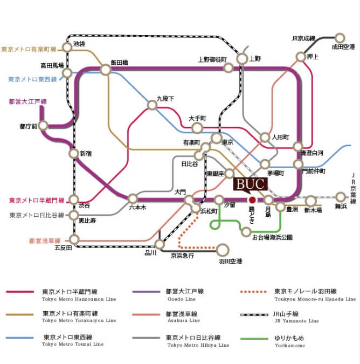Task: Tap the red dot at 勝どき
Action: click(252, 200)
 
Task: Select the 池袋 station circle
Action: click(67, 47)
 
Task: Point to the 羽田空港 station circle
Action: click(223, 249)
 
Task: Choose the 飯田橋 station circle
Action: click(106, 70)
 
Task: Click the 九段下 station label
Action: click(165, 99)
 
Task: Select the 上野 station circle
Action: click(242, 59)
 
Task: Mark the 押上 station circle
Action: click(302, 56)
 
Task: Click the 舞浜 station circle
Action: click(340, 197)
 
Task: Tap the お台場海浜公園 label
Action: click(273, 237)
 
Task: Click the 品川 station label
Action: click(150, 252)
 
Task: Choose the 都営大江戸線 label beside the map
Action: click(27, 101)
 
